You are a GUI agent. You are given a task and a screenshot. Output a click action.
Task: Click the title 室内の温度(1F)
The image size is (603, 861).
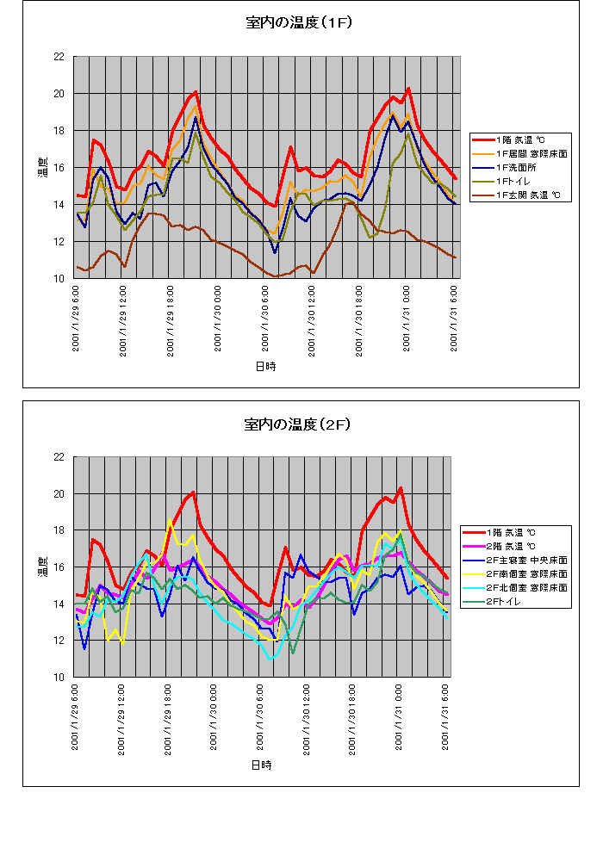click(x=299, y=23)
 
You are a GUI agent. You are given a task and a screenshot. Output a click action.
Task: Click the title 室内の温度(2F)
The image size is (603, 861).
click(x=299, y=424)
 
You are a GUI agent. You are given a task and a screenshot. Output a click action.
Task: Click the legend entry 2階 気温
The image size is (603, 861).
click(x=510, y=546)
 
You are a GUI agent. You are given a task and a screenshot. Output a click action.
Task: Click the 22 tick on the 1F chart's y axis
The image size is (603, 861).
click(x=59, y=57)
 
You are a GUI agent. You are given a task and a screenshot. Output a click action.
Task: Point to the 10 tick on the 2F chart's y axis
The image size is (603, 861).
click(x=59, y=678)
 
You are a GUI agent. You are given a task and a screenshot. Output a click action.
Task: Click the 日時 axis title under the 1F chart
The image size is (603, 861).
click(x=265, y=366)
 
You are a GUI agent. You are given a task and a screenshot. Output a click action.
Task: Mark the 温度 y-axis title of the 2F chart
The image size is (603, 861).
click(x=41, y=567)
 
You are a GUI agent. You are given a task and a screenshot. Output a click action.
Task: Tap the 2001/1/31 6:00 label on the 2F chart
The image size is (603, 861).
click(x=445, y=719)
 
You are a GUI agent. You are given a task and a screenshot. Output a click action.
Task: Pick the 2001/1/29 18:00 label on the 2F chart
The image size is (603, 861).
click(x=167, y=719)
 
